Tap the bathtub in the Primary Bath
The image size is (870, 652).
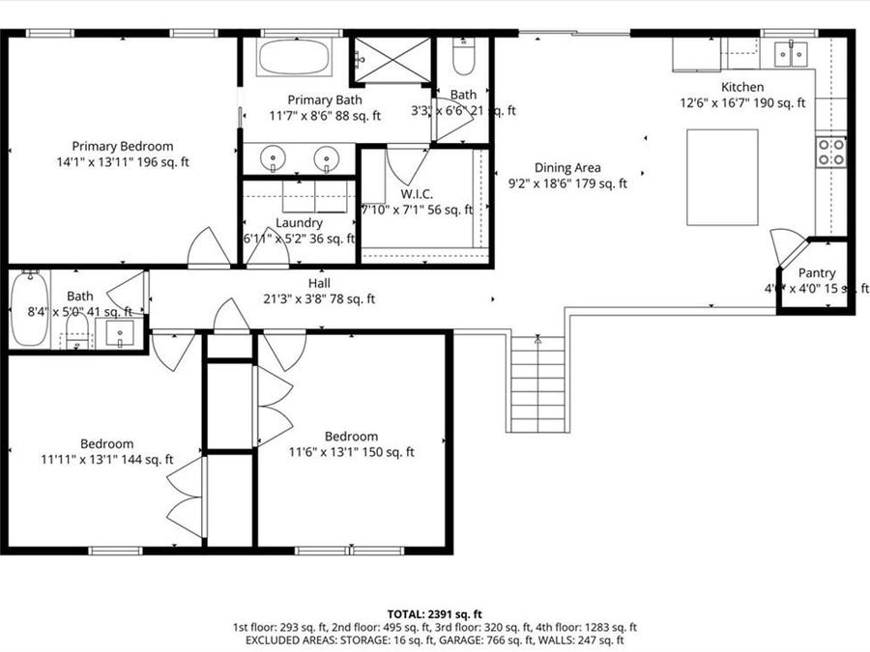coord(294,58)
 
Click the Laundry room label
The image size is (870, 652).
coord(299,222)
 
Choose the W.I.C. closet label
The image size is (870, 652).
coord(417,193)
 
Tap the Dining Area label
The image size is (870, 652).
coord(567,167)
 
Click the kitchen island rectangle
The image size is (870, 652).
coord(722,177)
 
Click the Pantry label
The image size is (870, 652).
coord(817,273)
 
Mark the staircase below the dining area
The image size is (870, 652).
coord(537,383)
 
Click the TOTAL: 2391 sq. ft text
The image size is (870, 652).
coord(434,613)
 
